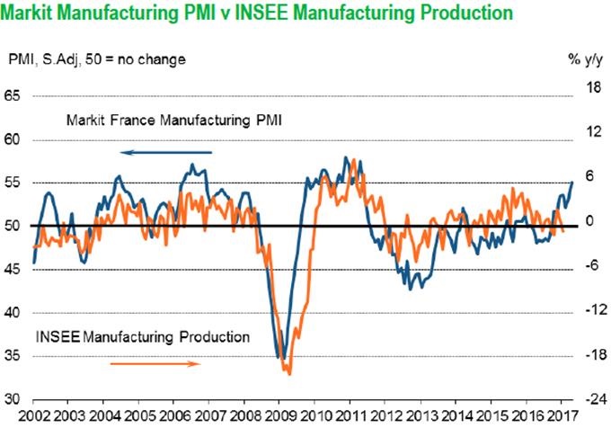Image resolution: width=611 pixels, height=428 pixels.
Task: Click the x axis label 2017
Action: (x=560, y=416)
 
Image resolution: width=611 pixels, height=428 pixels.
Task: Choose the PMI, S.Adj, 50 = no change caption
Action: (x=97, y=59)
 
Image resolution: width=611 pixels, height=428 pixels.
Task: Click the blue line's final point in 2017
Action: (x=571, y=182)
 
